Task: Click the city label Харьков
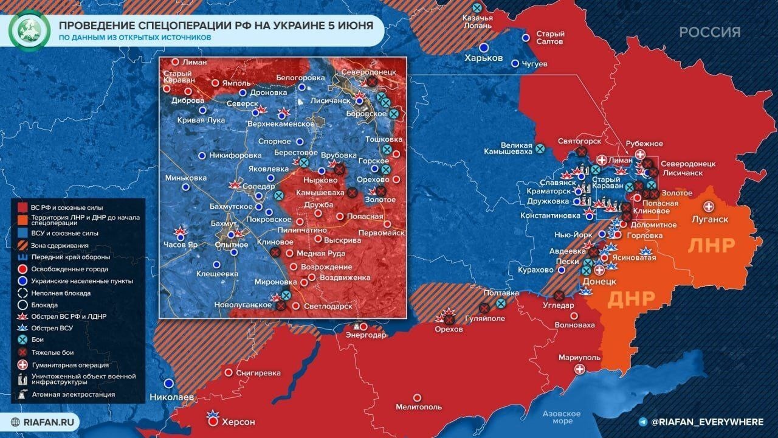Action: pos(483,58)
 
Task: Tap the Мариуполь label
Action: pos(580,357)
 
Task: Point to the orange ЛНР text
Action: pos(712,245)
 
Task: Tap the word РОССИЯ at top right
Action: pos(709,32)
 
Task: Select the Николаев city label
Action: pos(172,397)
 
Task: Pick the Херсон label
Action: pos(238,422)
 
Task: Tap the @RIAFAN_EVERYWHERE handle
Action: pos(706,422)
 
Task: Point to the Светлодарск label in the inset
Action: pos(328,307)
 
